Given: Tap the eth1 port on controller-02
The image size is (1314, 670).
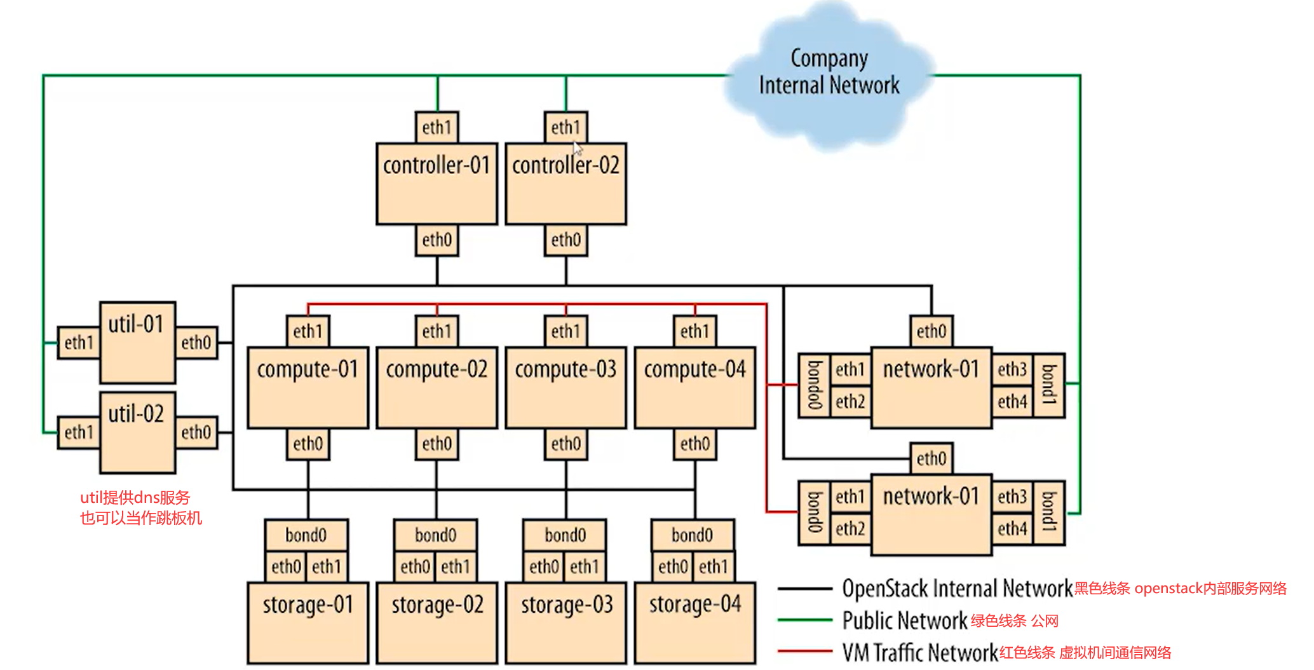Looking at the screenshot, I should coord(566,127).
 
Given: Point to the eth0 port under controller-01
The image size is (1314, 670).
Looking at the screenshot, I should coord(437,240).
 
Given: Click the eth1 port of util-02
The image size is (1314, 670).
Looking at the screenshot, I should coord(79,432).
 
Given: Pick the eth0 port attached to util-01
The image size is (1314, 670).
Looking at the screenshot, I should coord(196,343).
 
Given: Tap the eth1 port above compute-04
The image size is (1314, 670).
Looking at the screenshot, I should coord(694,331).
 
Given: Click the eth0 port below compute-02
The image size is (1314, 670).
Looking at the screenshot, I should coord(437,443).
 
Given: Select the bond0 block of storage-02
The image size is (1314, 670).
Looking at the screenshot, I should coord(435,535).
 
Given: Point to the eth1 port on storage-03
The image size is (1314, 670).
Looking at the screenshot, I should coord(584,566).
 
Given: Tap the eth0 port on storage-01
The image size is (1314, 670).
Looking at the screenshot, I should coord(286,566).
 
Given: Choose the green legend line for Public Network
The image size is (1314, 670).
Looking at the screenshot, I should coord(804,620).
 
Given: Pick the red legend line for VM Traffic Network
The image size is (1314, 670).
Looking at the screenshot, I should coord(804,651).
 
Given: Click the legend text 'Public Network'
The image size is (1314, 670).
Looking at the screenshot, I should coord(904,620).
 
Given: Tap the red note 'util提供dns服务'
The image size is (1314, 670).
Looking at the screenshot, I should coord(135,497).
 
